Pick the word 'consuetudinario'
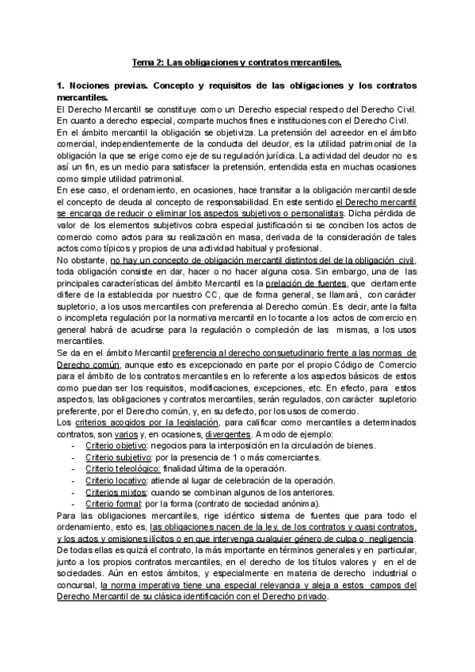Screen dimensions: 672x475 (266, 351)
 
